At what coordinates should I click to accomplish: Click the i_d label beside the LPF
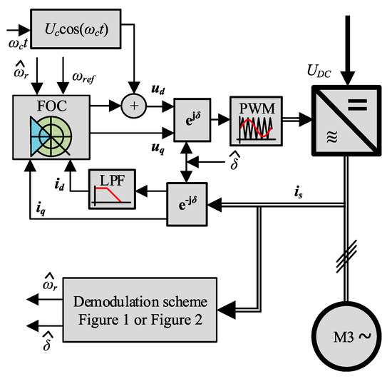click(x=77, y=184)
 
